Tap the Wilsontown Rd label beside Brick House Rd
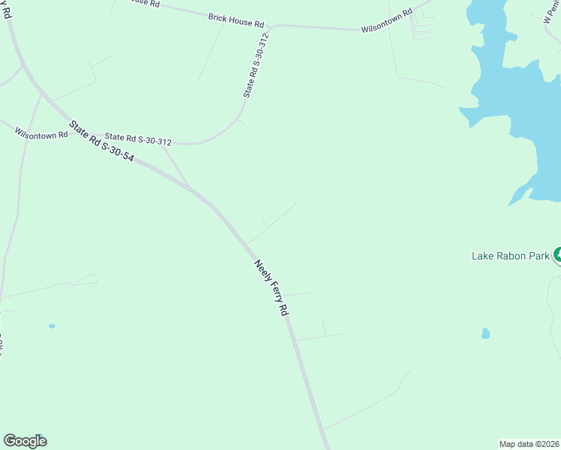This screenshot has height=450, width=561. [387, 22]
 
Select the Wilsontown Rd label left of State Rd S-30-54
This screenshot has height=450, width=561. [41, 133]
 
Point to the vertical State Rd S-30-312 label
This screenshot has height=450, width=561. [256, 65]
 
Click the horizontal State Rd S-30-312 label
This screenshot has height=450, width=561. [138, 139]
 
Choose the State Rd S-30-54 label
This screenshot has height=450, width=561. [101, 142]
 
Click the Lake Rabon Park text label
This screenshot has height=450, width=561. [511, 256]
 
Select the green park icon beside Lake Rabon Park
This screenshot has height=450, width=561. [557, 255]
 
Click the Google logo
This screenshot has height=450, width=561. [25, 440]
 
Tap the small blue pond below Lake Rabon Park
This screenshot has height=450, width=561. [485, 333]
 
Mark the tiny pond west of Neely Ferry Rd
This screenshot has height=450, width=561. [52, 326]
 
